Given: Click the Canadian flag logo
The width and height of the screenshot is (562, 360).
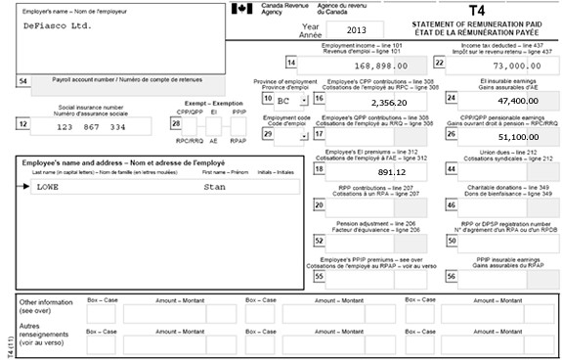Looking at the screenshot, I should (x=240, y=9).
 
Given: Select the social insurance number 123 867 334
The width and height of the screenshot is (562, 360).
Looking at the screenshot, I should (x=91, y=127).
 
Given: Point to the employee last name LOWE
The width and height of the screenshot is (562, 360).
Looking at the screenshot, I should (x=48, y=186).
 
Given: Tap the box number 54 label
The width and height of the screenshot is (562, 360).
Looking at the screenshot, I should (x=23, y=81).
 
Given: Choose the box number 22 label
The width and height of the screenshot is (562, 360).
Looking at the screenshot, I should (x=451, y=64).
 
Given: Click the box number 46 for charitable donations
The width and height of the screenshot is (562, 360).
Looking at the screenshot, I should (x=451, y=205).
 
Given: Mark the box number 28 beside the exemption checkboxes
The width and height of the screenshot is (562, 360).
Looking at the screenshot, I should (x=176, y=123).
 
